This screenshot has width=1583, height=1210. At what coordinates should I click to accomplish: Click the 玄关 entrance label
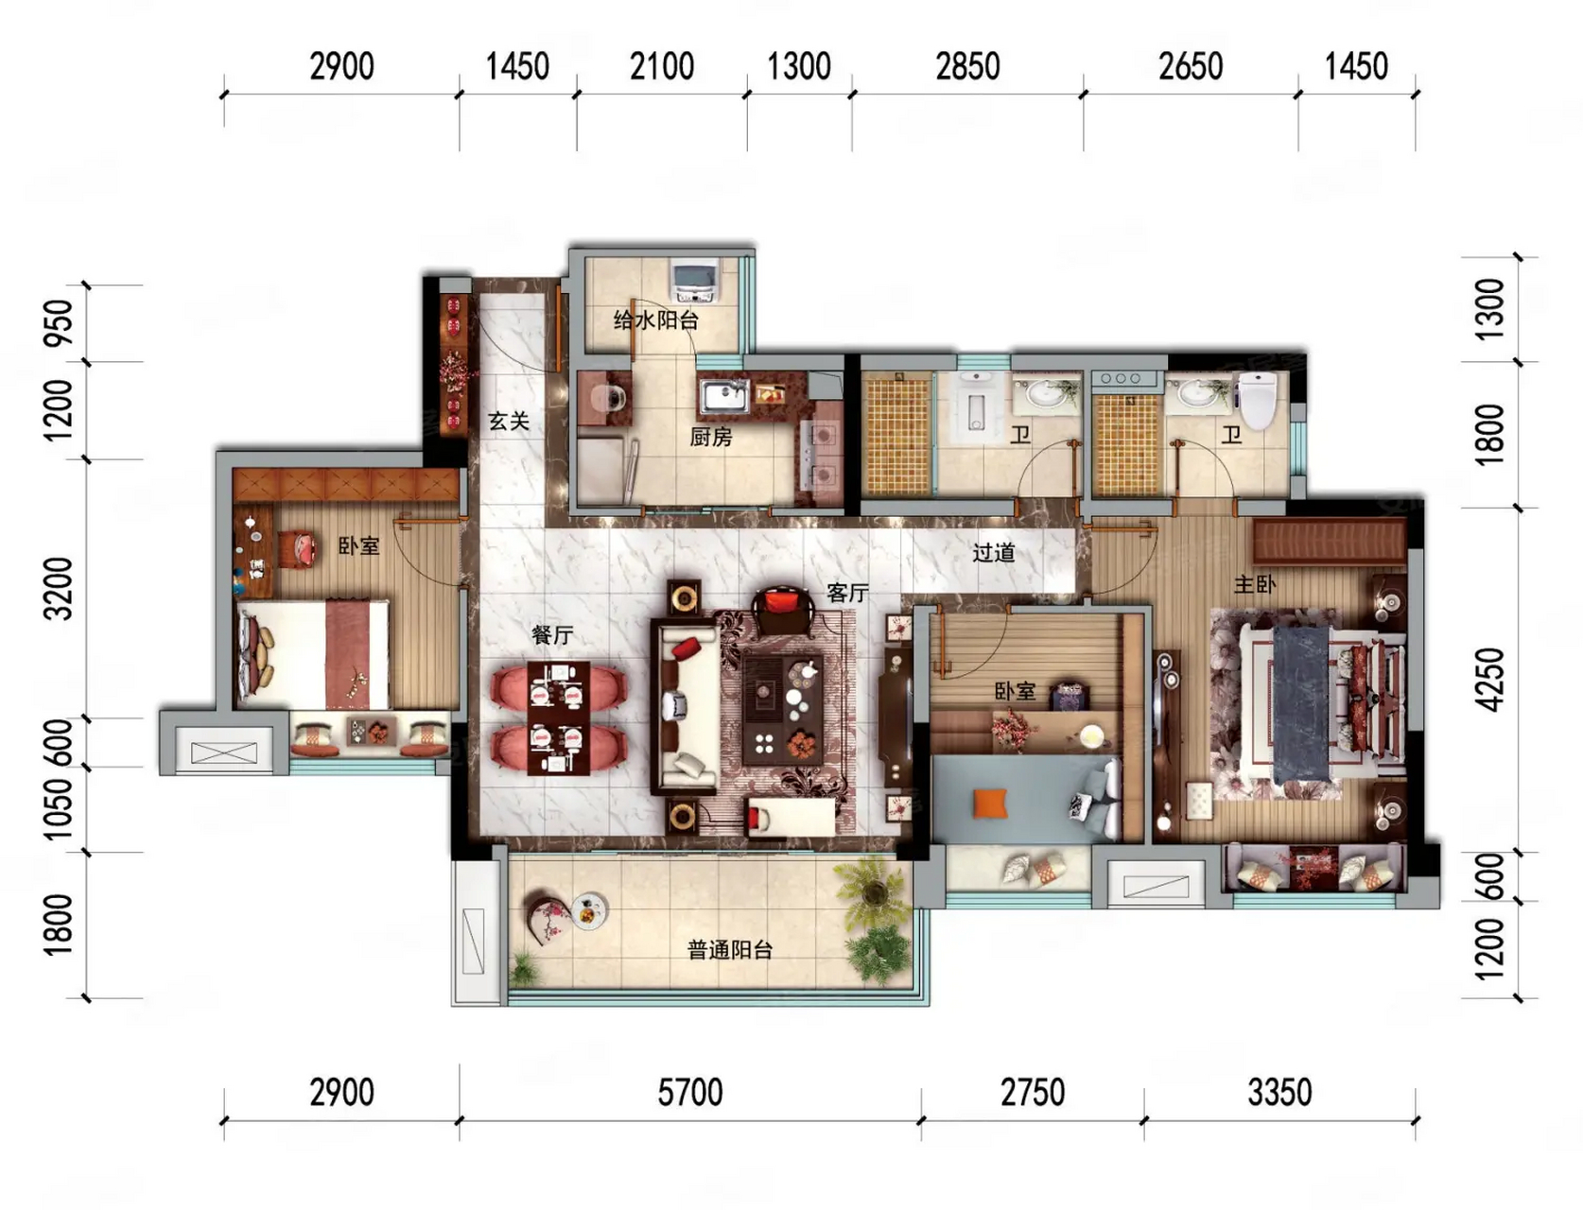509,422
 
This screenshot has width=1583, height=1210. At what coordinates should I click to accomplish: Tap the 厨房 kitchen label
711,437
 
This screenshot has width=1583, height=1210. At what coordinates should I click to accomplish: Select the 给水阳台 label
656,320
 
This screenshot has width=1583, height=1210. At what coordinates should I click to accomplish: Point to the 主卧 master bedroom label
1255,584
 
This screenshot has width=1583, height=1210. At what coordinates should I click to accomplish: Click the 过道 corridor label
994,553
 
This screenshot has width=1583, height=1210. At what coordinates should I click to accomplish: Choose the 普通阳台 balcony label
731,950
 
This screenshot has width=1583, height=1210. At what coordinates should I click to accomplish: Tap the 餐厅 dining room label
552,635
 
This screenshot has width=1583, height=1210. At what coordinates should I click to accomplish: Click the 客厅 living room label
847,593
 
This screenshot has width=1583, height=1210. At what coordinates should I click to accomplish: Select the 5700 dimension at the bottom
690,1093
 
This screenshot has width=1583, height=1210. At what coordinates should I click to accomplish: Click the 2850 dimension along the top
967,66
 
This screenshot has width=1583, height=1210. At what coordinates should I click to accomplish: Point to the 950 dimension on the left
60,321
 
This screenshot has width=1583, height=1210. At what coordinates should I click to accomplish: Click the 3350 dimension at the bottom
1279,1093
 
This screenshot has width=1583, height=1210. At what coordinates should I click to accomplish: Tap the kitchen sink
724,397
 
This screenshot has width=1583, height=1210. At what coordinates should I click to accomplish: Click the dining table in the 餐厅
558,718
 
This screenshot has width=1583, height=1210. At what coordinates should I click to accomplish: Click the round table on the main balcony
589,910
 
